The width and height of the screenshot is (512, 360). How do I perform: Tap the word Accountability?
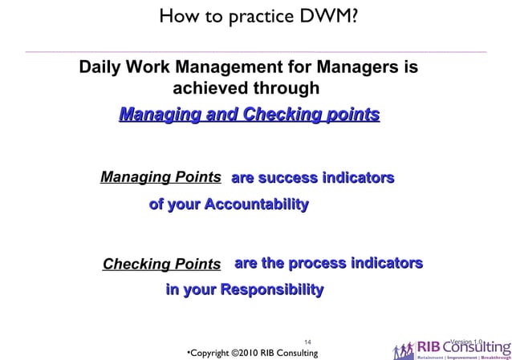pos(256,204)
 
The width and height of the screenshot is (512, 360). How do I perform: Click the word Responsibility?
pos(271,289)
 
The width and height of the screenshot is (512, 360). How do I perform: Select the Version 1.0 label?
pos(467,342)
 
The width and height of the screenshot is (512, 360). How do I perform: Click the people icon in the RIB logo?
pos(404,350)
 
